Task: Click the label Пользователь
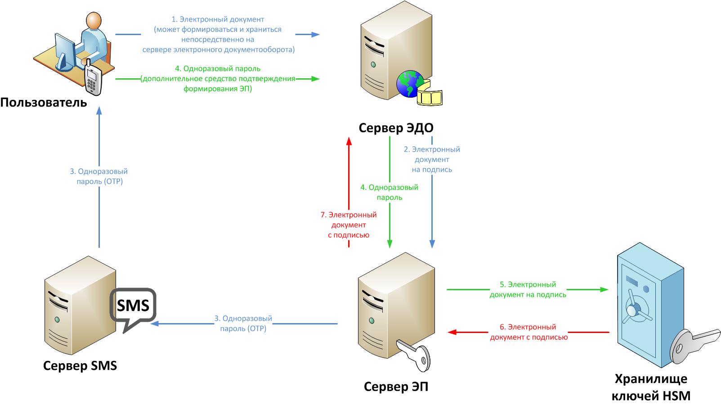click(x=43, y=103)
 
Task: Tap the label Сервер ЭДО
click(x=396, y=128)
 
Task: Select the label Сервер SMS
click(x=80, y=365)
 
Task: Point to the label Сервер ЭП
click(x=396, y=387)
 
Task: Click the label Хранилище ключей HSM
click(x=651, y=387)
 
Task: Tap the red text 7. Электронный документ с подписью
click(x=348, y=225)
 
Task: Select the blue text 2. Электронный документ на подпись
click(x=432, y=159)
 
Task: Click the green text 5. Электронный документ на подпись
click(x=528, y=289)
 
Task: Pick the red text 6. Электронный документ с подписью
click(x=528, y=332)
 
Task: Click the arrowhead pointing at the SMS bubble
click(x=155, y=324)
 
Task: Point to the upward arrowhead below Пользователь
click(x=99, y=110)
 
